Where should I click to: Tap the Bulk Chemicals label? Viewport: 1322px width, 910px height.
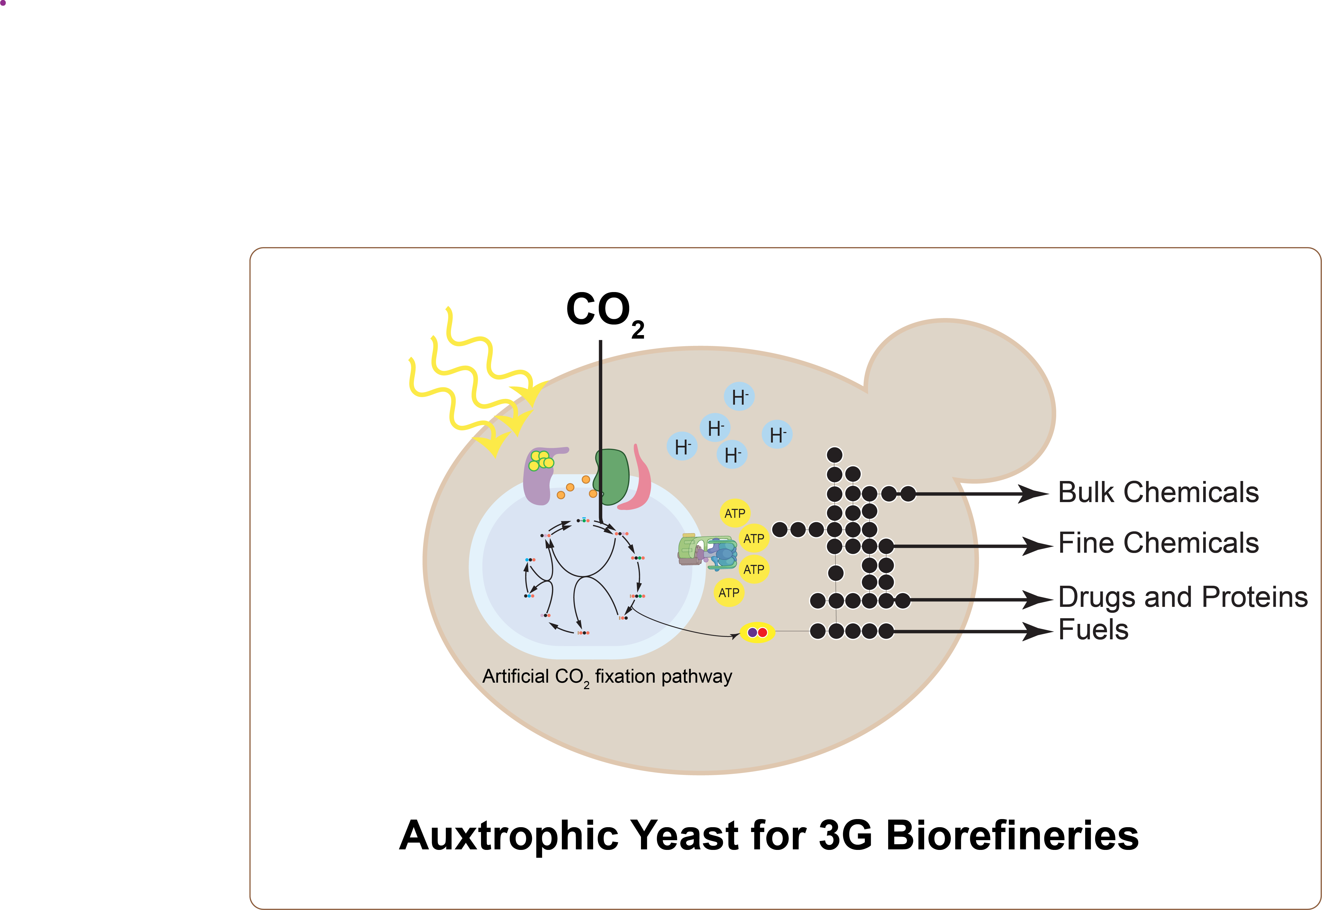(1158, 493)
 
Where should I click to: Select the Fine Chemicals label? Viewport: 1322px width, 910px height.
(1158, 543)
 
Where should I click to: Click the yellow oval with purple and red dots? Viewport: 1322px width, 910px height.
(757, 632)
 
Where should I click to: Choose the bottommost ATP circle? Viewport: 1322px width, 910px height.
(729, 593)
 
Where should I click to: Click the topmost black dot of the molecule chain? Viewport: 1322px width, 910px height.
(835, 455)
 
